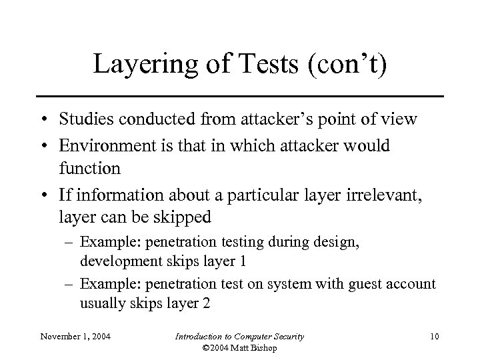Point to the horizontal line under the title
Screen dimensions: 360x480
239,96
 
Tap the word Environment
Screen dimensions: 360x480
100,145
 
